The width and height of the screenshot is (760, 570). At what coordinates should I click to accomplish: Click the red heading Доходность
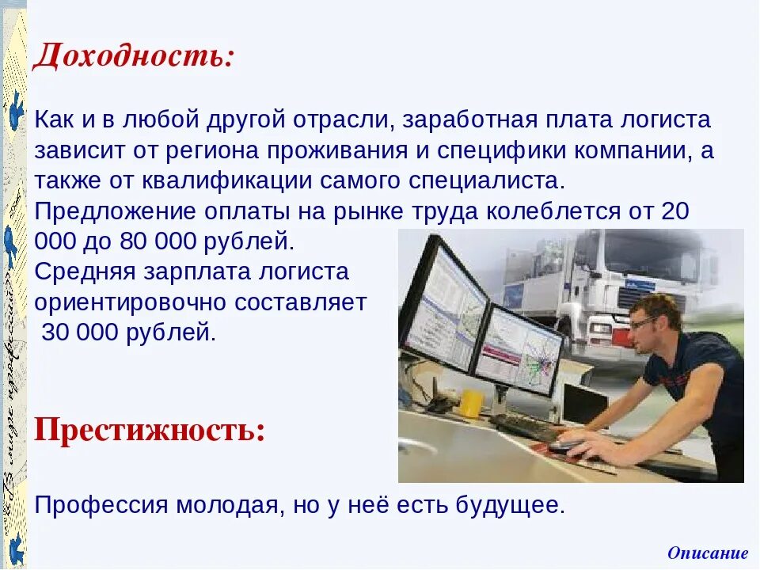click(133, 57)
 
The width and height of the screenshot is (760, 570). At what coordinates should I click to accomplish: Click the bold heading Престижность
click(150, 431)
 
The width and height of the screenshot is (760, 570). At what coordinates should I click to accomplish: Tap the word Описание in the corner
click(707, 553)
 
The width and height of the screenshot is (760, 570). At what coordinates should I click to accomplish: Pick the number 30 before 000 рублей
click(55, 332)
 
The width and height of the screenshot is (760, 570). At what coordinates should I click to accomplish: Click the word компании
click(633, 151)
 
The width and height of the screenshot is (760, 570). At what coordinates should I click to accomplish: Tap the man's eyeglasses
click(643, 322)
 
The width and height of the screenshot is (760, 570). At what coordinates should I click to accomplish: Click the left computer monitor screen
click(446, 306)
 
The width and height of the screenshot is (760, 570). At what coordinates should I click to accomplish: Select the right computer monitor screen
click(519, 349)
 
